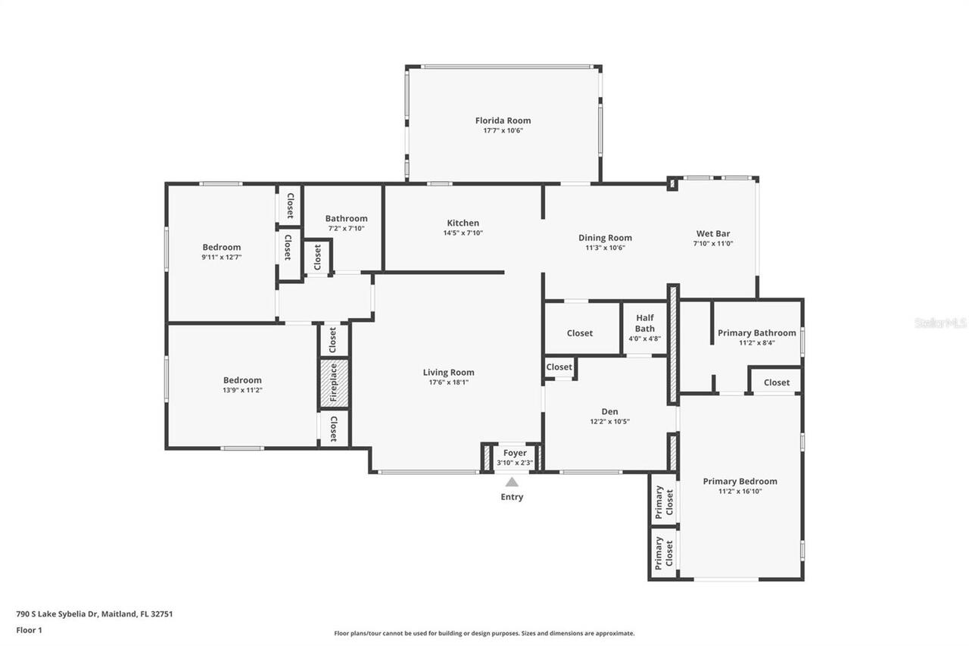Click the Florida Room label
pyautogui.click(x=503, y=120)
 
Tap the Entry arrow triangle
pyautogui.click(x=512, y=482)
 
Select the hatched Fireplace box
pyautogui.click(x=333, y=383)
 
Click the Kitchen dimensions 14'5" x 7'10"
pyautogui.click(x=463, y=233)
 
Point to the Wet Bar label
pyautogui.click(x=713, y=233)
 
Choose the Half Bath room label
pyautogui.click(x=645, y=323)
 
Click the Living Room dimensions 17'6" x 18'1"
pyautogui.click(x=448, y=382)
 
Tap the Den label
pyautogui.click(x=609, y=412)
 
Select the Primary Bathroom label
pyautogui.click(x=756, y=332)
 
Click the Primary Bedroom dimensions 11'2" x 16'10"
pyautogui.click(x=740, y=491)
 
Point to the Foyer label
pyautogui.click(x=515, y=453)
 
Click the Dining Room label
pyautogui.click(x=605, y=238)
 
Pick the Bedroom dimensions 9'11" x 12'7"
pyautogui.click(x=221, y=257)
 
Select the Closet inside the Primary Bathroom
pyautogui.click(x=776, y=382)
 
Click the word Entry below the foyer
pyautogui.click(x=512, y=498)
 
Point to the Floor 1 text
pyautogui.click(x=29, y=629)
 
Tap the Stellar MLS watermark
pyautogui.click(x=940, y=323)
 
